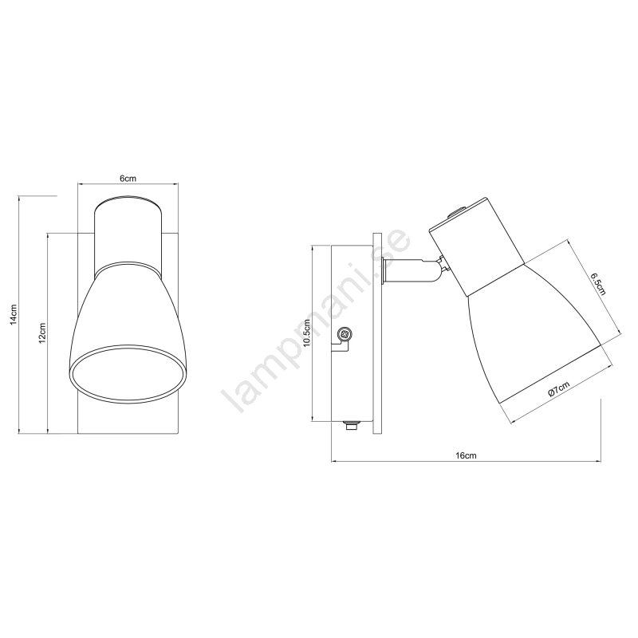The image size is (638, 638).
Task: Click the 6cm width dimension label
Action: click(x=128, y=178)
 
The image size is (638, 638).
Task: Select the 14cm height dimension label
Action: click(x=14, y=314)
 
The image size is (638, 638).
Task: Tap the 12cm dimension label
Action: click(x=42, y=333)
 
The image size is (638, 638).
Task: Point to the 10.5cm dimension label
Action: click(x=307, y=333)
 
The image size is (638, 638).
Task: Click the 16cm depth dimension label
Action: click(x=467, y=455)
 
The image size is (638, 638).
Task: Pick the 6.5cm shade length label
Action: click(x=599, y=283)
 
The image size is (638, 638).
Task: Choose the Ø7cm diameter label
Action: click(x=558, y=388)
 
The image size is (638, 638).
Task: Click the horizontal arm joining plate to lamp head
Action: click(x=411, y=270)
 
